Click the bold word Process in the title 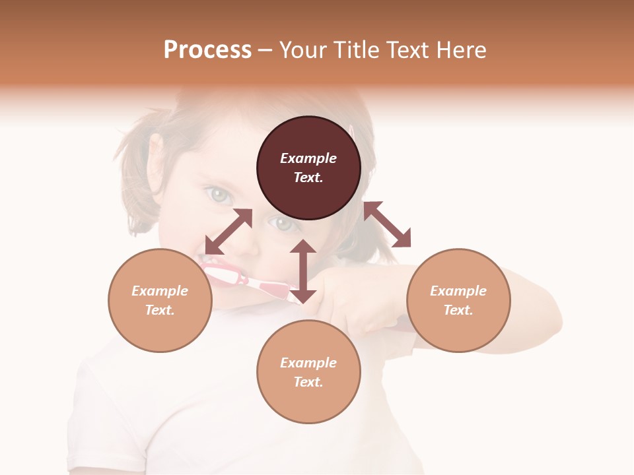tap(207, 50)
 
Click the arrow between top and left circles tap(229, 232)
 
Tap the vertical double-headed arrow tap(303, 271)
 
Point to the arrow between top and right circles tap(388, 224)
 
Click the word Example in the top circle tap(308, 158)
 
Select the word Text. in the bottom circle tap(308, 382)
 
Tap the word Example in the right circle tap(458, 291)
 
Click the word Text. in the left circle tap(160, 310)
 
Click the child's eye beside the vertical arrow tap(283, 224)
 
